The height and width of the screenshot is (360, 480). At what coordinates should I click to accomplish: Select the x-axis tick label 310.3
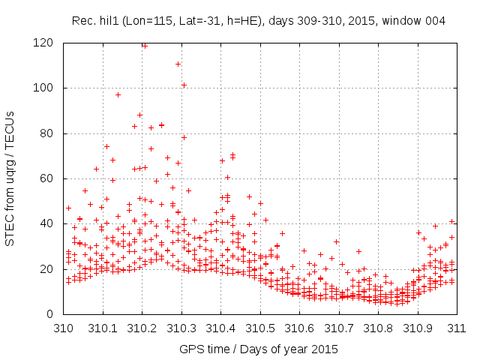(181, 328)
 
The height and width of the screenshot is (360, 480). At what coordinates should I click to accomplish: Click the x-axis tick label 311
(457, 328)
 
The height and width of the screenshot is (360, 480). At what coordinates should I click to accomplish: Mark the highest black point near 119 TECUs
(144, 45)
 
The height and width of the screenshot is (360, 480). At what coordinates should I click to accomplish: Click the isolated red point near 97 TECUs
(118, 94)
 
